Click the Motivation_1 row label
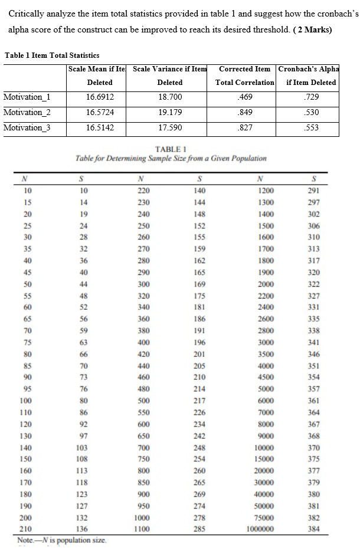click(27, 97)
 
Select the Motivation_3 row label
click(27, 127)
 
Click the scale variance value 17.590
click(170, 127)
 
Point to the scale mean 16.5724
click(99, 112)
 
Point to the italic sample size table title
click(171, 158)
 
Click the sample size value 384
click(314, 529)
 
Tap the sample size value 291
click(314, 191)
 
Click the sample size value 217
click(199, 402)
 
